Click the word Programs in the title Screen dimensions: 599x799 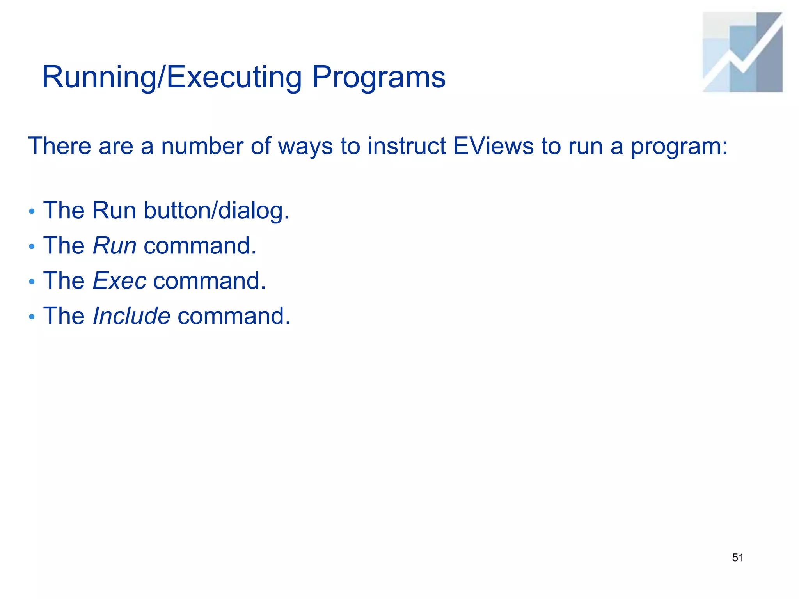(x=378, y=77)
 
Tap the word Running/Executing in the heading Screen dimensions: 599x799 (x=172, y=77)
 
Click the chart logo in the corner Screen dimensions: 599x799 (x=742, y=52)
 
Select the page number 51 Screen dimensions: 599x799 (x=738, y=558)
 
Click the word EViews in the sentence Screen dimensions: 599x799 (x=493, y=146)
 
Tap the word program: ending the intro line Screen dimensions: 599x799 (x=679, y=147)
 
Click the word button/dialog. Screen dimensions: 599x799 (x=217, y=211)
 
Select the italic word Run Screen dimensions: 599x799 (x=114, y=246)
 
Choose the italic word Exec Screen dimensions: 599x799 (x=119, y=281)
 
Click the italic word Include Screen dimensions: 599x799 (x=131, y=316)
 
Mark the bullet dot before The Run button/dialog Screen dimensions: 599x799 (x=32, y=212)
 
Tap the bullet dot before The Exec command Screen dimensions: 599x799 (x=32, y=282)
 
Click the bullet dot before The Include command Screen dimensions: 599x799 (x=32, y=317)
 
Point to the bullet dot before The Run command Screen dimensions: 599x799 (x=32, y=247)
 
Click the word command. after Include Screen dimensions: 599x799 (x=234, y=316)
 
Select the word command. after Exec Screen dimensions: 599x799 (x=210, y=281)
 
